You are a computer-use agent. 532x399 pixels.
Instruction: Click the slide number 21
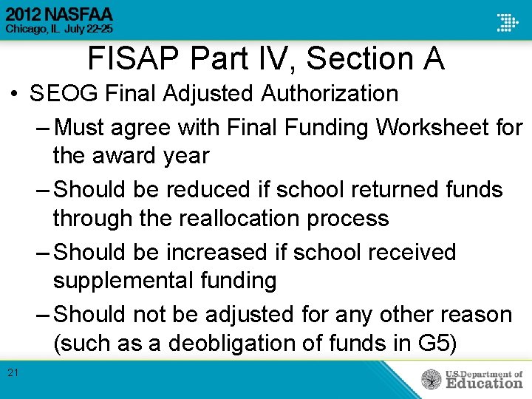[13, 373]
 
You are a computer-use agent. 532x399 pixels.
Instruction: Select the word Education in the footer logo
[483, 383]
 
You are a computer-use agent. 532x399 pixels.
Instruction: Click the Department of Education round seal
[432, 380]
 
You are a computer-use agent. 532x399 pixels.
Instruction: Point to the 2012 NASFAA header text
[60, 15]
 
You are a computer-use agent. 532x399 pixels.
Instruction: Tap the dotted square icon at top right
[508, 21]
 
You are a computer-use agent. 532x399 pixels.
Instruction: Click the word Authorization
[330, 94]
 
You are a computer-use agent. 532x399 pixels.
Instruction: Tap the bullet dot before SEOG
[14, 95]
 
